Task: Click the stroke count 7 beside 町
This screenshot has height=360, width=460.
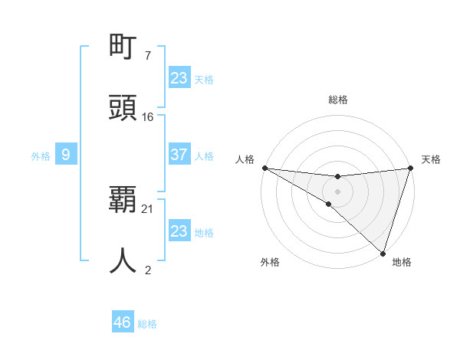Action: click(x=147, y=56)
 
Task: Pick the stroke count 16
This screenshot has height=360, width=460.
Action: click(x=148, y=116)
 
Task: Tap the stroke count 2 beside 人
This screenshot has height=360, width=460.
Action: click(x=147, y=269)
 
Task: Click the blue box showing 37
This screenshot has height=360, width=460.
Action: click(x=179, y=155)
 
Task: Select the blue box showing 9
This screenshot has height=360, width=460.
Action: click(x=66, y=155)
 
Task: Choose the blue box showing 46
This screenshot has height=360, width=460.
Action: click(x=123, y=322)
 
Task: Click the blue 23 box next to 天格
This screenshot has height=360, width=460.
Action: click(x=179, y=78)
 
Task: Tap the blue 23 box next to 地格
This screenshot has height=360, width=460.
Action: click(x=179, y=231)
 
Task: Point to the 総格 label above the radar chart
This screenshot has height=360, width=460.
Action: click(x=337, y=100)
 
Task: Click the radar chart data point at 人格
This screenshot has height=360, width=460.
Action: click(x=264, y=168)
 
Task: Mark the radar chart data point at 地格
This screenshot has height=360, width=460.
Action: click(x=383, y=253)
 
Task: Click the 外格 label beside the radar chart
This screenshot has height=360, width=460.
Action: click(x=270, y=262)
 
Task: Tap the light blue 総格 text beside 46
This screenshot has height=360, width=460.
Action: click(x=147, y=324)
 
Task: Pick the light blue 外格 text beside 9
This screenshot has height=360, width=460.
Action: click(x=41, y=156)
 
